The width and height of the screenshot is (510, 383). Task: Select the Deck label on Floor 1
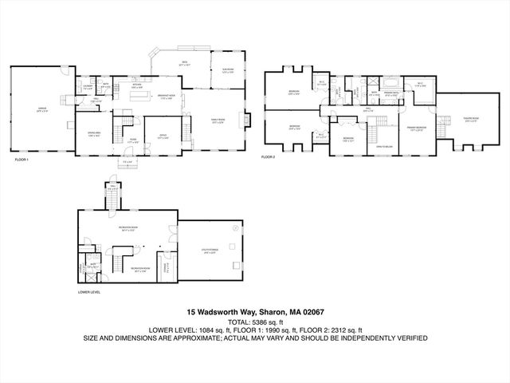[x=183, y=62]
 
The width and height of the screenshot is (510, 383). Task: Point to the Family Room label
[x=218, y=120]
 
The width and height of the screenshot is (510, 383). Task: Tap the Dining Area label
[x=93, y=135]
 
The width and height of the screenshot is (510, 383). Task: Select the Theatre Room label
[x=471, y=119]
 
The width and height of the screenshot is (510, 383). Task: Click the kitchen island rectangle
[x=141, y=97]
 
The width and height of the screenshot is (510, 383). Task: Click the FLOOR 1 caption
[x=22, y=160]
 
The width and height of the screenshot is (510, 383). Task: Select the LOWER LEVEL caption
[x=88, y=292]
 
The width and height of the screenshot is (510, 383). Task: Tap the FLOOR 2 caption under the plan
[x=269, y=157]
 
